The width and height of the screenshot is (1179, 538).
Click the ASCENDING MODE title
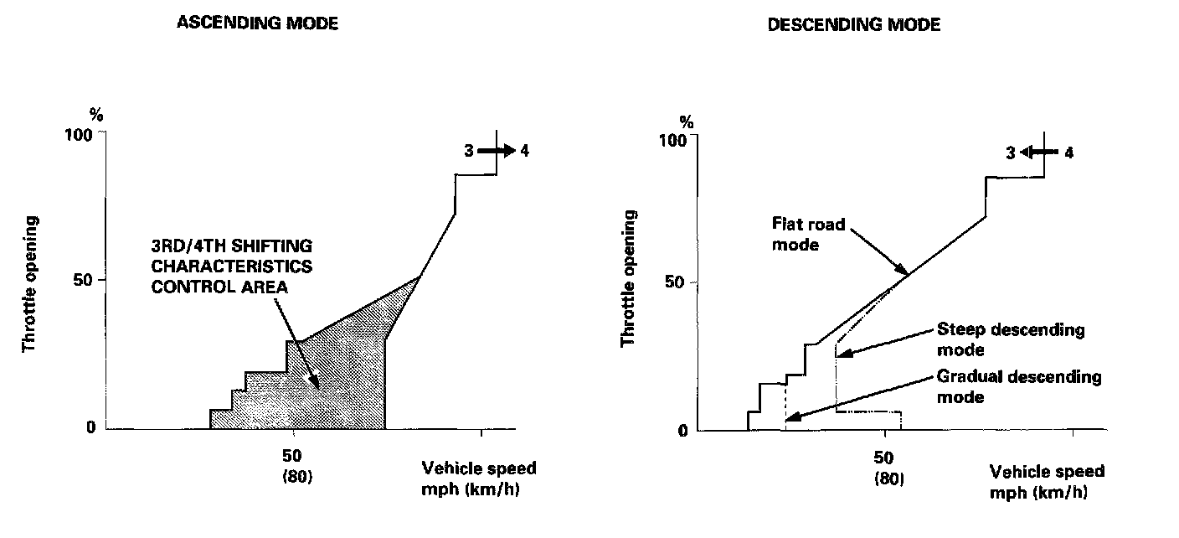(257, 23)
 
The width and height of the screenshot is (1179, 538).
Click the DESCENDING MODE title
(854, 25)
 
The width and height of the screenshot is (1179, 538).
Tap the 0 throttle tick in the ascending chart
(91, 428)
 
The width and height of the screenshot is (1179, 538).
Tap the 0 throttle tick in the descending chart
(682, 431)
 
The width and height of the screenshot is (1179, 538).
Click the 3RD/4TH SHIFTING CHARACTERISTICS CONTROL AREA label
(232, 266)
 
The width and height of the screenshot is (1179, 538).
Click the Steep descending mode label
(1010, 339)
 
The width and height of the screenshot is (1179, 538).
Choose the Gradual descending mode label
(1018, 385)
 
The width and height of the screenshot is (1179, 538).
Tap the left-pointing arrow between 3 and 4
(1040, 153)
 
